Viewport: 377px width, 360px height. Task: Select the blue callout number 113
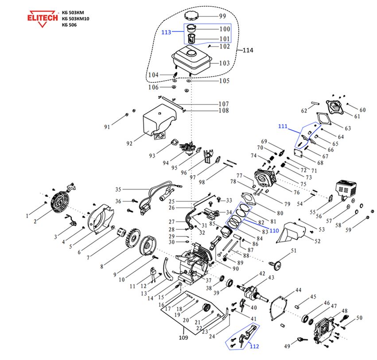click(167, 32)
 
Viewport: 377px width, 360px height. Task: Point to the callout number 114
click(248, 50)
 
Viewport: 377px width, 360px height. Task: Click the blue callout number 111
click(285, 127)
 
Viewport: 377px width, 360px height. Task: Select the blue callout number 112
click(254, 346)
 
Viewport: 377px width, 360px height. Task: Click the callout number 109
click(183, 338)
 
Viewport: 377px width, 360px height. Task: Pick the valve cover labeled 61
click(335, 108)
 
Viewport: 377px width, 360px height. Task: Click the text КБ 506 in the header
click(70, 25)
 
